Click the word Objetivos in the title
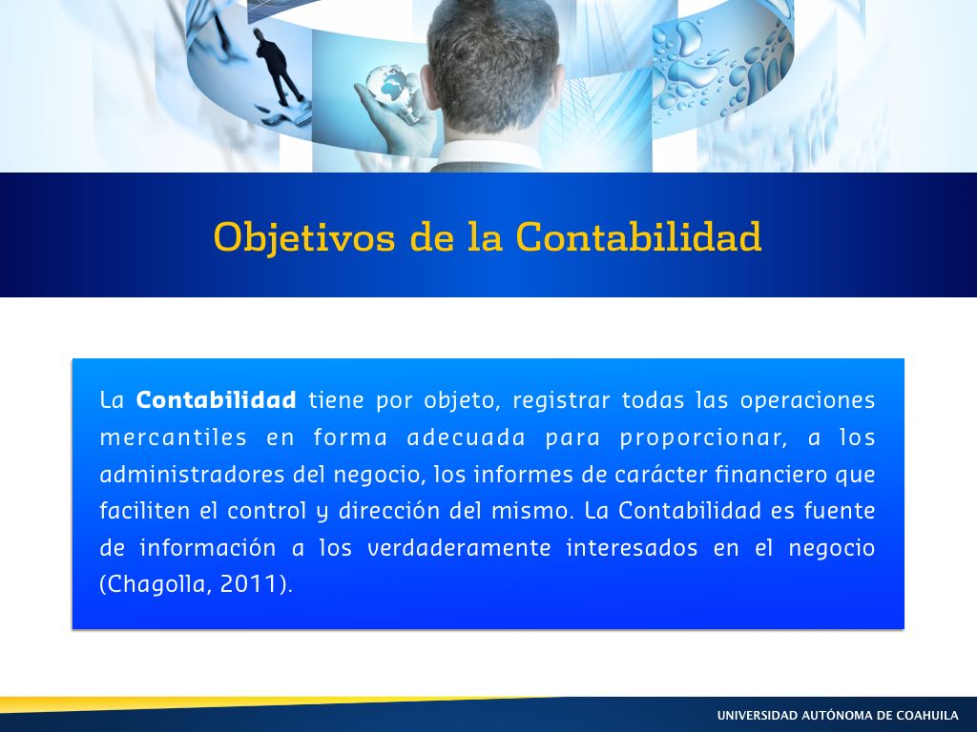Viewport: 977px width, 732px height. [304, 238]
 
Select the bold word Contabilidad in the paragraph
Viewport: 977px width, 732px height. [217, 399]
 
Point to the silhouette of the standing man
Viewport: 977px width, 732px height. [278, 67]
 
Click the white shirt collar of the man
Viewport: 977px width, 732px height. [492, 153]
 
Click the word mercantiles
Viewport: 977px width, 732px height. [174, 437]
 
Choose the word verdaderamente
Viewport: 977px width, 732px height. [459, 548]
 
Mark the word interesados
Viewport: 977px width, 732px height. [632, 548]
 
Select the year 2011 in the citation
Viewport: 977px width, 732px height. [249, 584]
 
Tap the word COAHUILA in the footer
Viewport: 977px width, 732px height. [927, 715]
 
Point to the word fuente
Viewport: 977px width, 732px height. [840, 511]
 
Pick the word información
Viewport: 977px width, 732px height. [207, 548]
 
